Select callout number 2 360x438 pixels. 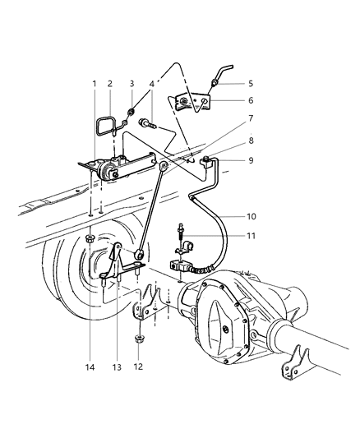tap(109, 84)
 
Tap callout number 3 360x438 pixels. tap(132, 84)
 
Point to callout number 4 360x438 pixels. tap(151, 84)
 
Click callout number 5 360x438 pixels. tap(249, 83)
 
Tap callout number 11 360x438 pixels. tap(250, 236)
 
